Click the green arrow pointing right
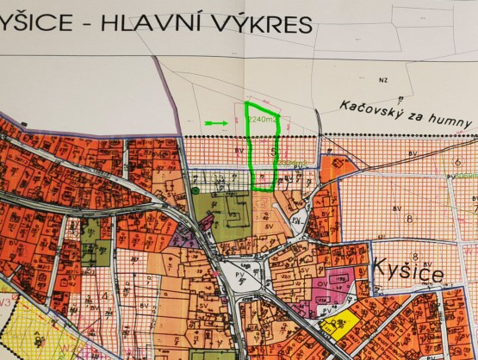(x=216, y=123)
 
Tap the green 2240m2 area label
(x=264, y=120)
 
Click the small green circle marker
(x=196, y=189)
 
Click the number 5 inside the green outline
(x=273, y=149)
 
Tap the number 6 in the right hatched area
(x=455, y=161)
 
